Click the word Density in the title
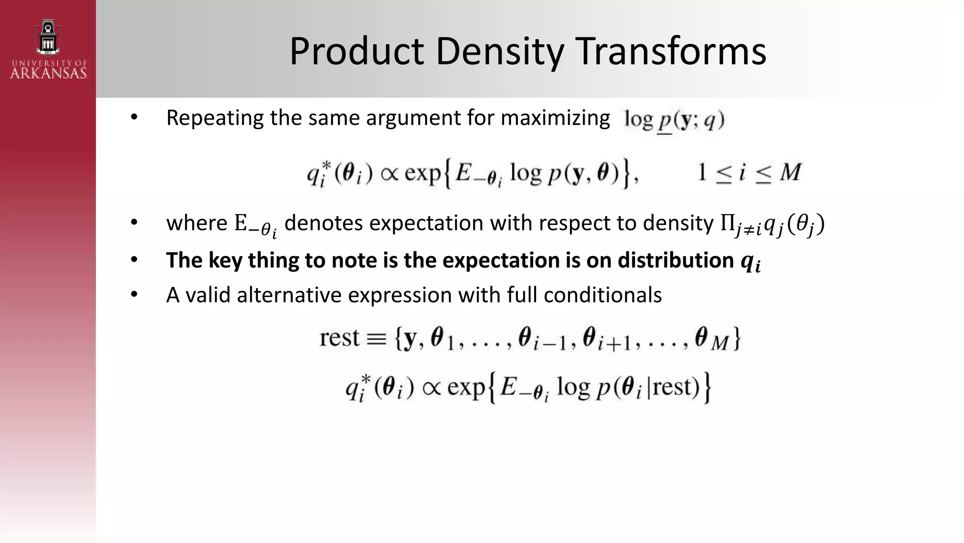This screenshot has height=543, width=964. [x=499, y=52]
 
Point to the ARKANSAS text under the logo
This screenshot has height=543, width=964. [x=48, y=73]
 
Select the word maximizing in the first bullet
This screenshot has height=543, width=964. [x=555, y=118]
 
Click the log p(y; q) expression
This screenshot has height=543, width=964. [x=674, y=120]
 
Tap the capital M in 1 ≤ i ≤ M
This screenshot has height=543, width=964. [x=790, y=173]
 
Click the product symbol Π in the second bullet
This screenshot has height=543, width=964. [x=727, y=223]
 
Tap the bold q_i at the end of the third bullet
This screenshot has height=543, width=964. [x=750, y=262]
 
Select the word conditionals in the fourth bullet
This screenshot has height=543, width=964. [x=602, y=296]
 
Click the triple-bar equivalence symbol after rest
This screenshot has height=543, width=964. [x=376, y=339]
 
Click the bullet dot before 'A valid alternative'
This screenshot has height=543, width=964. [x=134, y=295]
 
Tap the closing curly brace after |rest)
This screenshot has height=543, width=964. [x=707, y=388]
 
